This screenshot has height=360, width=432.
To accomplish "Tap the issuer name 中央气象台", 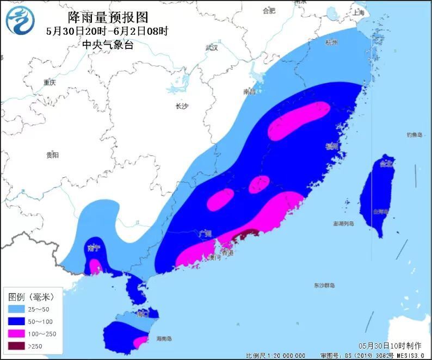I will (108, 45).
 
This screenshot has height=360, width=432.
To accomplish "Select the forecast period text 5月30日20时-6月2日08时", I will (108, 32).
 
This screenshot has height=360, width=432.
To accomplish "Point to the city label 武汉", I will (212, 48).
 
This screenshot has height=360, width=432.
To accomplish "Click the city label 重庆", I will (50, 83).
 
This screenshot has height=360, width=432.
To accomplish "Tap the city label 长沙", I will (181, 107).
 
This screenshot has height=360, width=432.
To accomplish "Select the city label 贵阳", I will (52, 155).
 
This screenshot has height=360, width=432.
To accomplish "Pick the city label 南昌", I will (250, 92).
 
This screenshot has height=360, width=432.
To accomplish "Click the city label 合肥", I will (269, 11).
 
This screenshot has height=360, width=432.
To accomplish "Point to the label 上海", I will (358, 13).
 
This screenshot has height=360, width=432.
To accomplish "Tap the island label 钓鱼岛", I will (414, 134).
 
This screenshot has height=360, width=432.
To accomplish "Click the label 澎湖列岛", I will (343, 224).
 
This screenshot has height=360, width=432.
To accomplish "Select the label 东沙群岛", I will (324, 285).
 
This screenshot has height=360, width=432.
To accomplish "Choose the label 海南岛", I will (164, 338).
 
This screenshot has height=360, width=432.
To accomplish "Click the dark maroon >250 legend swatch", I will (17, 346).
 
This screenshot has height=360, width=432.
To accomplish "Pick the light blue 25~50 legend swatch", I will (17, 309).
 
